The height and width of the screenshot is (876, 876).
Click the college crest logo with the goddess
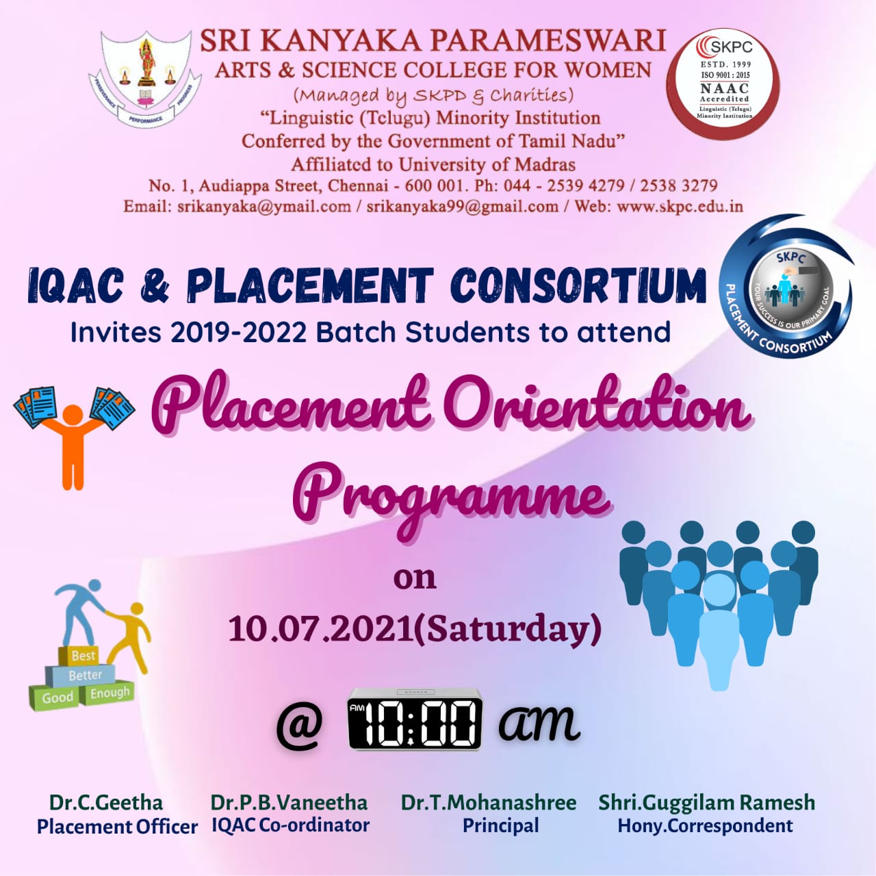click(x=146, y=79)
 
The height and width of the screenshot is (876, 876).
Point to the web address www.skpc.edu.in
click(x=680, y=206)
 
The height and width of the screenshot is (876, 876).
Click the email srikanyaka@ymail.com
click(x=263, y=206)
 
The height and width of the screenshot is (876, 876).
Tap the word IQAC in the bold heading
click(x=75, y=285)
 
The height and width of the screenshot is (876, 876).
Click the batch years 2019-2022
click(x=238, y=333)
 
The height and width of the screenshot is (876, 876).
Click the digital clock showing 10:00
click(x=415, y=720)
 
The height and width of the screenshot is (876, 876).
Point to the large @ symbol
click(x=299, y=725)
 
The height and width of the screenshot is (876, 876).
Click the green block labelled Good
click(x=57, y=697)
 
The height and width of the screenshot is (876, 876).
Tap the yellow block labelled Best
click(x=83, y=656)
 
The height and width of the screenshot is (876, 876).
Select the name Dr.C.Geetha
click(x=106, y=802)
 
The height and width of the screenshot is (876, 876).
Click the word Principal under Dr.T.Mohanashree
click(x=500, y=825)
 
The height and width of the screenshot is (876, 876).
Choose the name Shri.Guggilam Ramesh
click(x=706, y=802)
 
